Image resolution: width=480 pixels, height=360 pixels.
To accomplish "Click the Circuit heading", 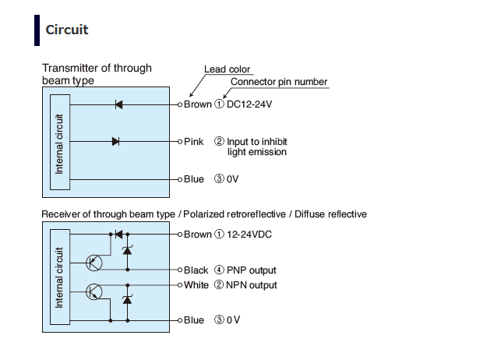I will pos(67,30).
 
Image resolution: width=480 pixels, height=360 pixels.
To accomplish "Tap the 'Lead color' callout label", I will pos(228,69).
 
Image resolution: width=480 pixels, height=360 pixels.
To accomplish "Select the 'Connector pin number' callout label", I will pos(279,82).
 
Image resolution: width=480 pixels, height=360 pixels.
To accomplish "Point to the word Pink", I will pos(194,142).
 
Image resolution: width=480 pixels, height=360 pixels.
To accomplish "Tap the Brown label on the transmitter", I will pos(197,104).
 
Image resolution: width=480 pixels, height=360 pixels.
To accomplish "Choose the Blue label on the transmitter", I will pos(194,179).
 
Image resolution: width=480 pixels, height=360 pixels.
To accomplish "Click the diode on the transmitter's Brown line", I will pos(118,104).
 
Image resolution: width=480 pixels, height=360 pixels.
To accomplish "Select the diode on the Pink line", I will pos(115,142).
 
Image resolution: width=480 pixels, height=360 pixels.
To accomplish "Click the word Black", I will pos(196,270).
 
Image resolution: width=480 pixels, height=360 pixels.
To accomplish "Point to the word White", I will pos(196,285).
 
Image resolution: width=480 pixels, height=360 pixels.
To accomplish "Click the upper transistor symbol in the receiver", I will pos(94,263).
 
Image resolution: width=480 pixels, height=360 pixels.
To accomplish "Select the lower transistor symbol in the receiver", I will pos(94,292).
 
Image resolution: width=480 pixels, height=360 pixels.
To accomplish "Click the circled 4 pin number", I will pos(219,270).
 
